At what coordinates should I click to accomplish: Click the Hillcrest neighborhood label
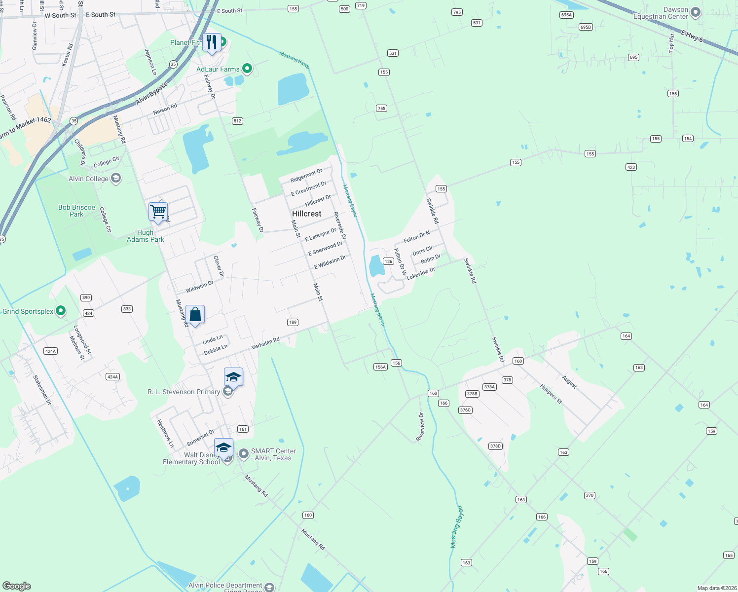click(306, 214)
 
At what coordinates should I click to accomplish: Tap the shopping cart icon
click(158, 212)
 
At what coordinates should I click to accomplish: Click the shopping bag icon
click(195, 314)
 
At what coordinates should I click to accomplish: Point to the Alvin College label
click(88, 179)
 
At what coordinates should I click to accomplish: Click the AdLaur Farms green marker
click(247, 69)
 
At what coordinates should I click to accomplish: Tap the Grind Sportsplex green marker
click(61, 311)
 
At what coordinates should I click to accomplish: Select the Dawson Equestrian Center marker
click(696, 12)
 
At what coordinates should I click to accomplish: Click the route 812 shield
click(237, 121)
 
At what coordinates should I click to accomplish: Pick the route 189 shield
click(293, 322)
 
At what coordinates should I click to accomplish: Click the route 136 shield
click(388, 261)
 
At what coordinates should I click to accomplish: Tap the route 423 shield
click(631, 167)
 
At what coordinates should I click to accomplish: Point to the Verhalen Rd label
click(265, 343)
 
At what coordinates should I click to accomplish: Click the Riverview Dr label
click(420, 427)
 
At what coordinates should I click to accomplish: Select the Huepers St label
click(551, 394)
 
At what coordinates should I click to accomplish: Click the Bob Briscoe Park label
click(76, 211)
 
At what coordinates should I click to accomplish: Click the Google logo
click(17, 586)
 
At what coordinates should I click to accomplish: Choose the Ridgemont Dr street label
click(306, 175)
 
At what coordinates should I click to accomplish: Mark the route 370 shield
click(590, 495)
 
